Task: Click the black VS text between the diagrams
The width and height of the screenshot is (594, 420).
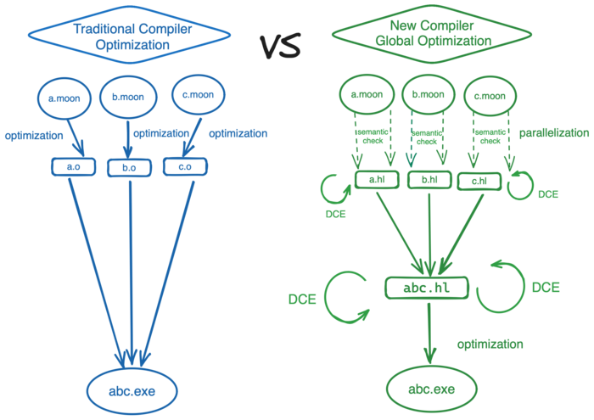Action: point(280,47)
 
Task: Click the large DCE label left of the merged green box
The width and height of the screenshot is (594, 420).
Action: point(302,299)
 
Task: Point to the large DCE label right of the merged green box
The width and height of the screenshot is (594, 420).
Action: point(546,288)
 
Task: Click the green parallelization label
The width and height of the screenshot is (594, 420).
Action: point(553,133)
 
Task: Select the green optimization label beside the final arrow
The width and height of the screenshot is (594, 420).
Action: point(490,344)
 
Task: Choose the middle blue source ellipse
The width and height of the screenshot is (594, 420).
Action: point(128,97)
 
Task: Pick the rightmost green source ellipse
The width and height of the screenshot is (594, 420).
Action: point(490,96)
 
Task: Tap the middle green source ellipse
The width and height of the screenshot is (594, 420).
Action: point(427,96)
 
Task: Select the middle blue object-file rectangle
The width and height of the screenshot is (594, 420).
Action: point(128,168)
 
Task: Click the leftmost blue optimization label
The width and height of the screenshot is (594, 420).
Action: point(34,135)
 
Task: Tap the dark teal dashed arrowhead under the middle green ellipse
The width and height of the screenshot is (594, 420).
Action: point(412,160)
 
